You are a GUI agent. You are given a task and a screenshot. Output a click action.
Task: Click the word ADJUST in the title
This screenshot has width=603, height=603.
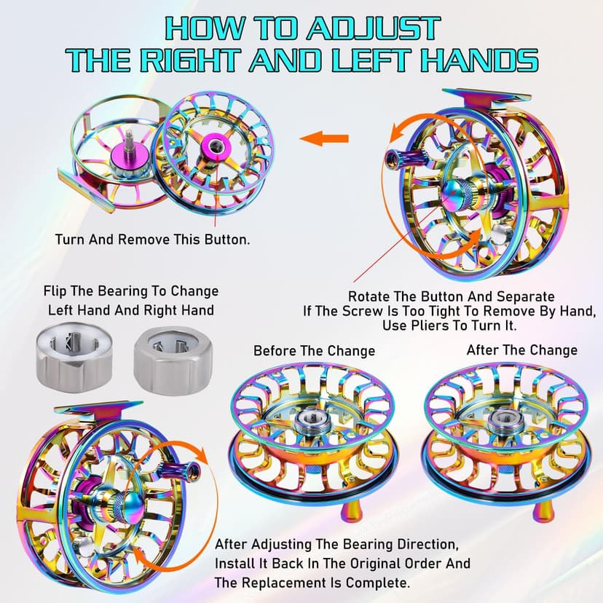coord(373,28)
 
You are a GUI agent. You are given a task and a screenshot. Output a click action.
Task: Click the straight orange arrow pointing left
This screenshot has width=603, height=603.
coord(324,138)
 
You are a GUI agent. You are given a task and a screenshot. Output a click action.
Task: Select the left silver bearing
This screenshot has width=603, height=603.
coord(74,358)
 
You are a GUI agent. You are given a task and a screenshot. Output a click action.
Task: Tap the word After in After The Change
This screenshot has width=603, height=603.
coord(483,350)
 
